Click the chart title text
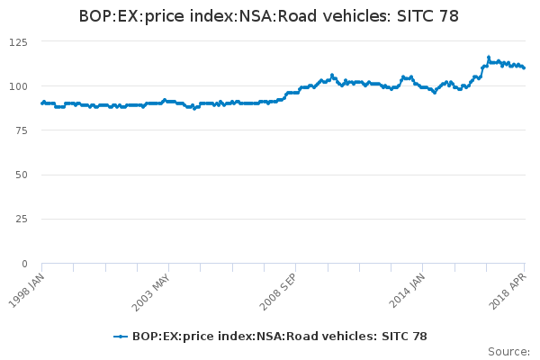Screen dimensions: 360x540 (270, 16)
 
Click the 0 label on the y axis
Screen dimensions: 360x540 (24, 264)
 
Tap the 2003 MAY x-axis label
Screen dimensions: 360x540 (150, 288)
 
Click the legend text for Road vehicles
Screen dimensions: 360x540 (279, 337)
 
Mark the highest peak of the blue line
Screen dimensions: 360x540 (489, 57)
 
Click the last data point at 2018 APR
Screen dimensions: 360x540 (524, 67)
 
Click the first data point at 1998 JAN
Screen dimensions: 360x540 (42, 103)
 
